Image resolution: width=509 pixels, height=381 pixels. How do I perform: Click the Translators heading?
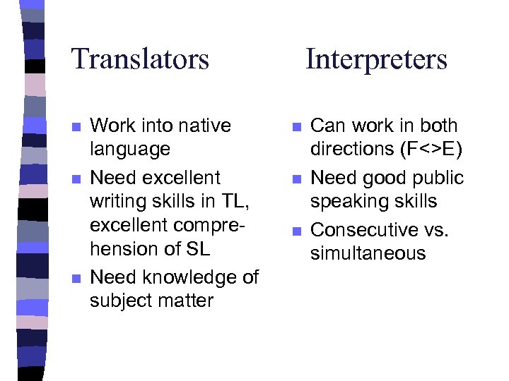(140, 59)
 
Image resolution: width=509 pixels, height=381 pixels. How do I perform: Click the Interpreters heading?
(376, 59)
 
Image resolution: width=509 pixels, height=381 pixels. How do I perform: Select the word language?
(130, 150)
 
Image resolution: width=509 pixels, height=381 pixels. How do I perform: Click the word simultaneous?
(368, 253)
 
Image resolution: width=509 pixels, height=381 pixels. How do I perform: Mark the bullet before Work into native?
(76, 127)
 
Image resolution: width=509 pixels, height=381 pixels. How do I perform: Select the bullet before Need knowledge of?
(76, 279)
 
